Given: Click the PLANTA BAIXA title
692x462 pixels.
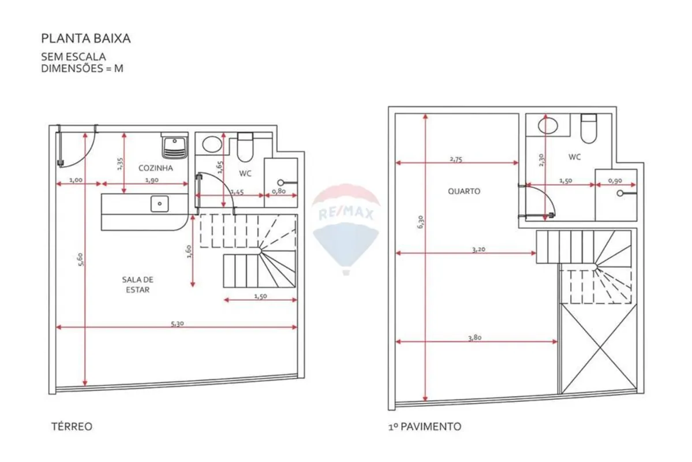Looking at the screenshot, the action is [85, 39].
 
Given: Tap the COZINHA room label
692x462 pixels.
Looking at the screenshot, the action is [155, 168].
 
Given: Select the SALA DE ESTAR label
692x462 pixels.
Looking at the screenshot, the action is [138, 285].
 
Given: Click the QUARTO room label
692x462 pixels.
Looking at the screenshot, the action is [464, 191].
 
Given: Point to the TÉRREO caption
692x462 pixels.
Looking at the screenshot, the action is [72, 426].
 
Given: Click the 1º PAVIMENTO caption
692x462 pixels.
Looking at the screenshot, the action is [425, 426].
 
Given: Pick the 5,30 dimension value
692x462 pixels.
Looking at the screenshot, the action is [177, 323].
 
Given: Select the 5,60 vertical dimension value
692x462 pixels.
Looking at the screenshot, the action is [80, 259].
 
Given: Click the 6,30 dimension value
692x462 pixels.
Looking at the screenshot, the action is [420, 222].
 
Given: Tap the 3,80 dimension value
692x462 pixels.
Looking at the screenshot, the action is [475, 337].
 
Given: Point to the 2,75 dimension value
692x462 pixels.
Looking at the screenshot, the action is [456, 159].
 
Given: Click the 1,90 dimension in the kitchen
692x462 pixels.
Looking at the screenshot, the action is [152, 180].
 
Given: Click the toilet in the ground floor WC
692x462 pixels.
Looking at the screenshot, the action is [245, 147].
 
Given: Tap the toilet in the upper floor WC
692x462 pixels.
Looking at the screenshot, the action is [589, 128].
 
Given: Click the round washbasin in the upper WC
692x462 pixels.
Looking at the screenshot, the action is [548, 125].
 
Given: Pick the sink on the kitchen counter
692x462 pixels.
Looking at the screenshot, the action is [159, 204].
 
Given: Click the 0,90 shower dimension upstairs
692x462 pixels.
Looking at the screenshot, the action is [615, 181].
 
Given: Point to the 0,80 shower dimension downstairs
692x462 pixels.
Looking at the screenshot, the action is [279, 191].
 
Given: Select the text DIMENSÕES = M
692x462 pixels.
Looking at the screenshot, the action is [82, 69].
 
